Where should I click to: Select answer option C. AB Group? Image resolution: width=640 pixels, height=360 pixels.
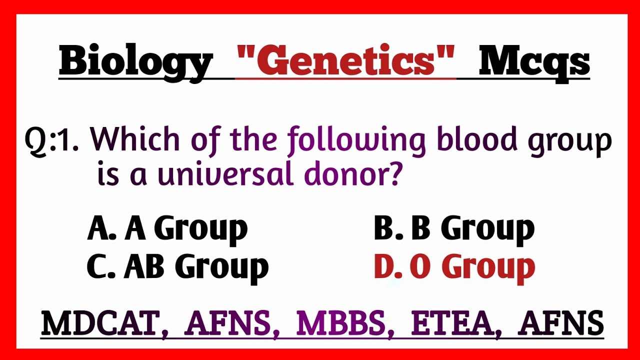tap(177, 266)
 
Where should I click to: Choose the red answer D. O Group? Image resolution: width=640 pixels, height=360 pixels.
tap(454, 266)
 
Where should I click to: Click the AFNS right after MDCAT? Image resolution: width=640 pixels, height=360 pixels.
tap(228, 323)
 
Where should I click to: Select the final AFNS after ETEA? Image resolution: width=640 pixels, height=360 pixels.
tap(561, 323)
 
